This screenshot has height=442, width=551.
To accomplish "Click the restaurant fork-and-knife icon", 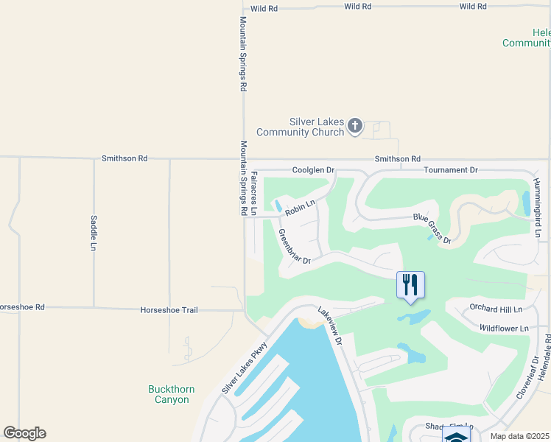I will (x=411, y=284).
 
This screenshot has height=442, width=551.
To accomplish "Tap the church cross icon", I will (x=355, y=126).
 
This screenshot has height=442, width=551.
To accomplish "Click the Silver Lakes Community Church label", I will (x=301, y=127).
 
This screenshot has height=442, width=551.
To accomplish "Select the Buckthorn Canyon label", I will (x=168, y=394).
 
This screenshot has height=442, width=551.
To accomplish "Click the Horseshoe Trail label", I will (x=169, y=310).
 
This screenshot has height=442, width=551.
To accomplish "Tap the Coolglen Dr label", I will (x=314, y=170).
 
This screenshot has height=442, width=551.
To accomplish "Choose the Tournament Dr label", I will (x=451, y=170).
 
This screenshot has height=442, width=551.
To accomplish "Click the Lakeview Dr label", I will (x=330, y=327).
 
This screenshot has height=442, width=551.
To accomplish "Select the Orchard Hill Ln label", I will (x=495, y=309).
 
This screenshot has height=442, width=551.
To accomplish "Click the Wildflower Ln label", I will (x=504, y=328).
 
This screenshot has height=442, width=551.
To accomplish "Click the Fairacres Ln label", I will (x=254, y=194).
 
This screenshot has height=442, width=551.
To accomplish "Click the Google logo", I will (x=24, y=433).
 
